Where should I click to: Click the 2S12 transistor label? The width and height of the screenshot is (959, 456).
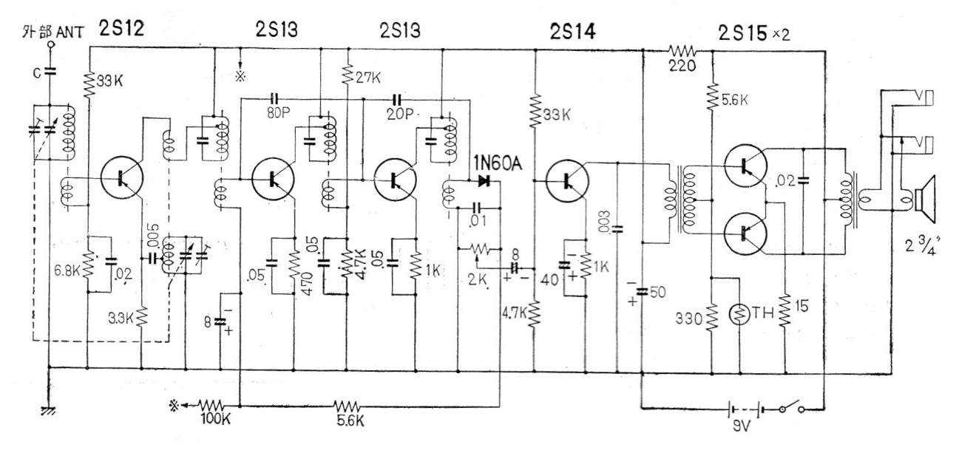tap(121, 28)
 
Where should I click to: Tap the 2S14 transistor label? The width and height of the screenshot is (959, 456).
tap(572, 31)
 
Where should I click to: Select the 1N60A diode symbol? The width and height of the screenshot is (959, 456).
tap(484, 181)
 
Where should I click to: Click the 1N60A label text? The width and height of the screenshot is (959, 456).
tap(498, 163)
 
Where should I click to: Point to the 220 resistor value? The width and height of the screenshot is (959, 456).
tap(682, 66)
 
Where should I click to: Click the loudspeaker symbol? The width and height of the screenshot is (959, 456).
tap(925, 200)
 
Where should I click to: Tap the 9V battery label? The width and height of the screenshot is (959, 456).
tap(741, 426)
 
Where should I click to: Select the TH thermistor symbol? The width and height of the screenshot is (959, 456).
tap(739, 314)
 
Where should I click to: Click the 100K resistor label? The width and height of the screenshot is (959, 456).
tap(215, 419)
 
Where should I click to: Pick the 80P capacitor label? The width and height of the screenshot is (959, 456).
tap(278, 113)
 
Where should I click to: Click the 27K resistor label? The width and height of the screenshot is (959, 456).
tap(367, 78)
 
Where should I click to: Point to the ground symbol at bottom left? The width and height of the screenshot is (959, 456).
tap(48, 411)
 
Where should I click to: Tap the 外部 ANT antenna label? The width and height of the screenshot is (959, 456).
tap(53, 32)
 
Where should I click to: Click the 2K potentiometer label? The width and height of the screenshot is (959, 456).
tap(478, 279)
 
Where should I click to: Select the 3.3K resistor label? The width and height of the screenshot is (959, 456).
tap(121, 319)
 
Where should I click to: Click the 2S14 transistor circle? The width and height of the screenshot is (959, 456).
tap(567, 180)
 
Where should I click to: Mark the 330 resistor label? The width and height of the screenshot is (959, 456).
tap(689, 319)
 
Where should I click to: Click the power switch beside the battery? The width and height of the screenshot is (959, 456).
tap(792, 406)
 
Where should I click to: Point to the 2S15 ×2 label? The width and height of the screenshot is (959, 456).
tap(754, 33)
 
